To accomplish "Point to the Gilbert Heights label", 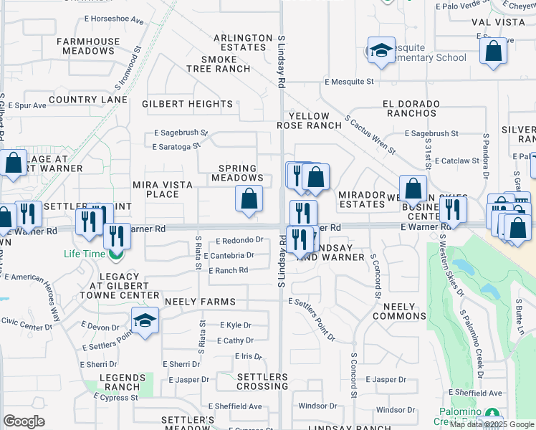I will click(187, 104).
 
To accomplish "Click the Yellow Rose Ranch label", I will click(309, 120).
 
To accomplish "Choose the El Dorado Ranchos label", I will click(411, 108).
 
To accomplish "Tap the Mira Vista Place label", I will click(163, 189).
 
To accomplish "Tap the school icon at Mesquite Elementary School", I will click(381, 50).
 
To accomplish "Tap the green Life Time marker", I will click(115, 254).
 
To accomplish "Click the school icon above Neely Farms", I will click(145, 320).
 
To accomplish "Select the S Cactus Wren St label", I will click(370, 135).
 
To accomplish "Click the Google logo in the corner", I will click(24, 421).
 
